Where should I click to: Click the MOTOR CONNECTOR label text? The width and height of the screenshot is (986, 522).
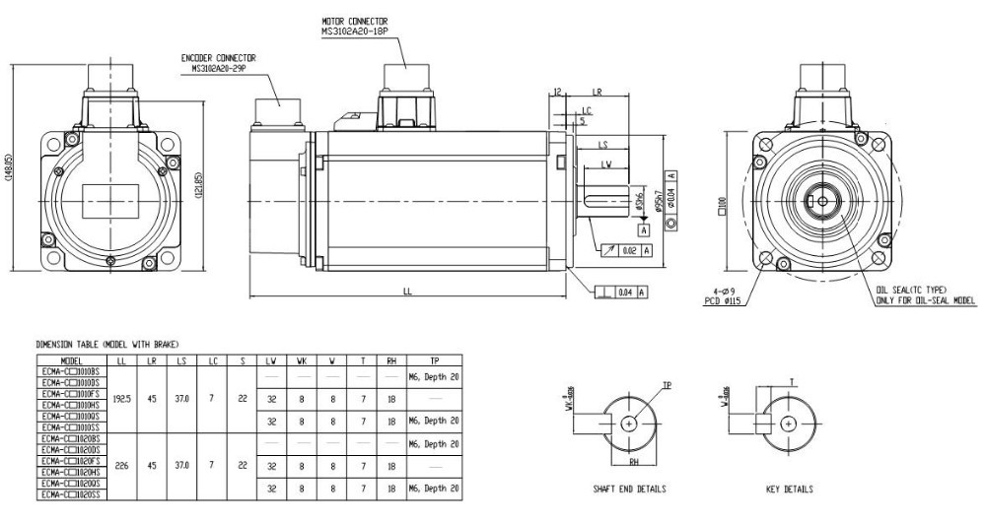click(x=355, y=21)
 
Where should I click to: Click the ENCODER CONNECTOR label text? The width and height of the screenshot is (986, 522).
click(x=219, y=57)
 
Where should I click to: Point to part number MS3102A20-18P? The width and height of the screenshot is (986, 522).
click(x=355, y=31)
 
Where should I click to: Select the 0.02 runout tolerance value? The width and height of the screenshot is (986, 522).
click(x=629, y=250)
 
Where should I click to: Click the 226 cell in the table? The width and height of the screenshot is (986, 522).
click(x=122, y=466)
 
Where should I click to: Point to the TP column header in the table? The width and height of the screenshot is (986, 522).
click(x=433, y=361)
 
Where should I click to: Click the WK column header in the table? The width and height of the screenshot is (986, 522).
click(x=302, y=361)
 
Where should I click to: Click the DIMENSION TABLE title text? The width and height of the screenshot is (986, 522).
click(x=108, y=344)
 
